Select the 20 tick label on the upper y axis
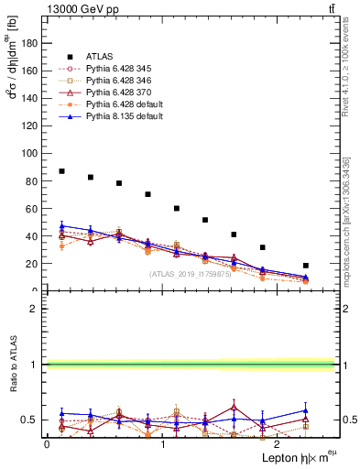tap(33, 264)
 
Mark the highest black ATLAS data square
tap(61, 171)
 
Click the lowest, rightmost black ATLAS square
tap(305, 266)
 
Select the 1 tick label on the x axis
tap(162, 444)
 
